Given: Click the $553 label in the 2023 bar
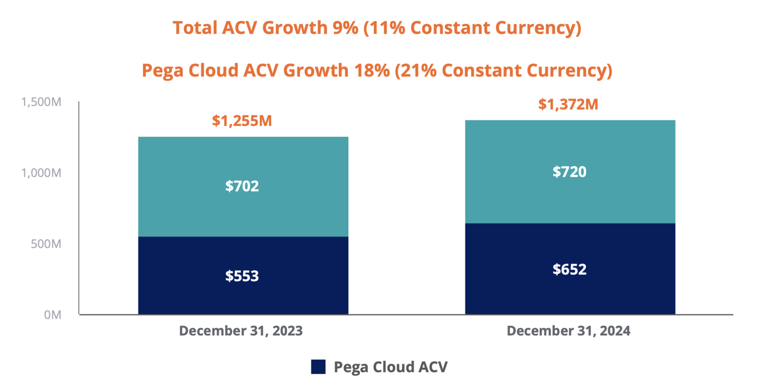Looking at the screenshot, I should click(242, 276).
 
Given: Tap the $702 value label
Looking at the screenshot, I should click(242, 187).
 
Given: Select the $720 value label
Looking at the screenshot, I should click(569, 172).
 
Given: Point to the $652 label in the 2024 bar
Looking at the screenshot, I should click(569, 269).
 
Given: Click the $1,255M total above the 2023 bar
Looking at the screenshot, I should click(242, 121).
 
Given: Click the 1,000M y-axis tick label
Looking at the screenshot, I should click(41, 173).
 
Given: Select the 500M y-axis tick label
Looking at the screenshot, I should click(46, 244).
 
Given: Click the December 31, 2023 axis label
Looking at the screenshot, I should click(241, 331).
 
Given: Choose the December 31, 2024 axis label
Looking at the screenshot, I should click(568, 331).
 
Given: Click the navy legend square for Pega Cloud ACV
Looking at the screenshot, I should click(318, 367).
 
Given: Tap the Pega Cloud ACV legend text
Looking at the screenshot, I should click(391, 367).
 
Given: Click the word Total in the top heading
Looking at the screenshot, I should click(191, 28).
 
